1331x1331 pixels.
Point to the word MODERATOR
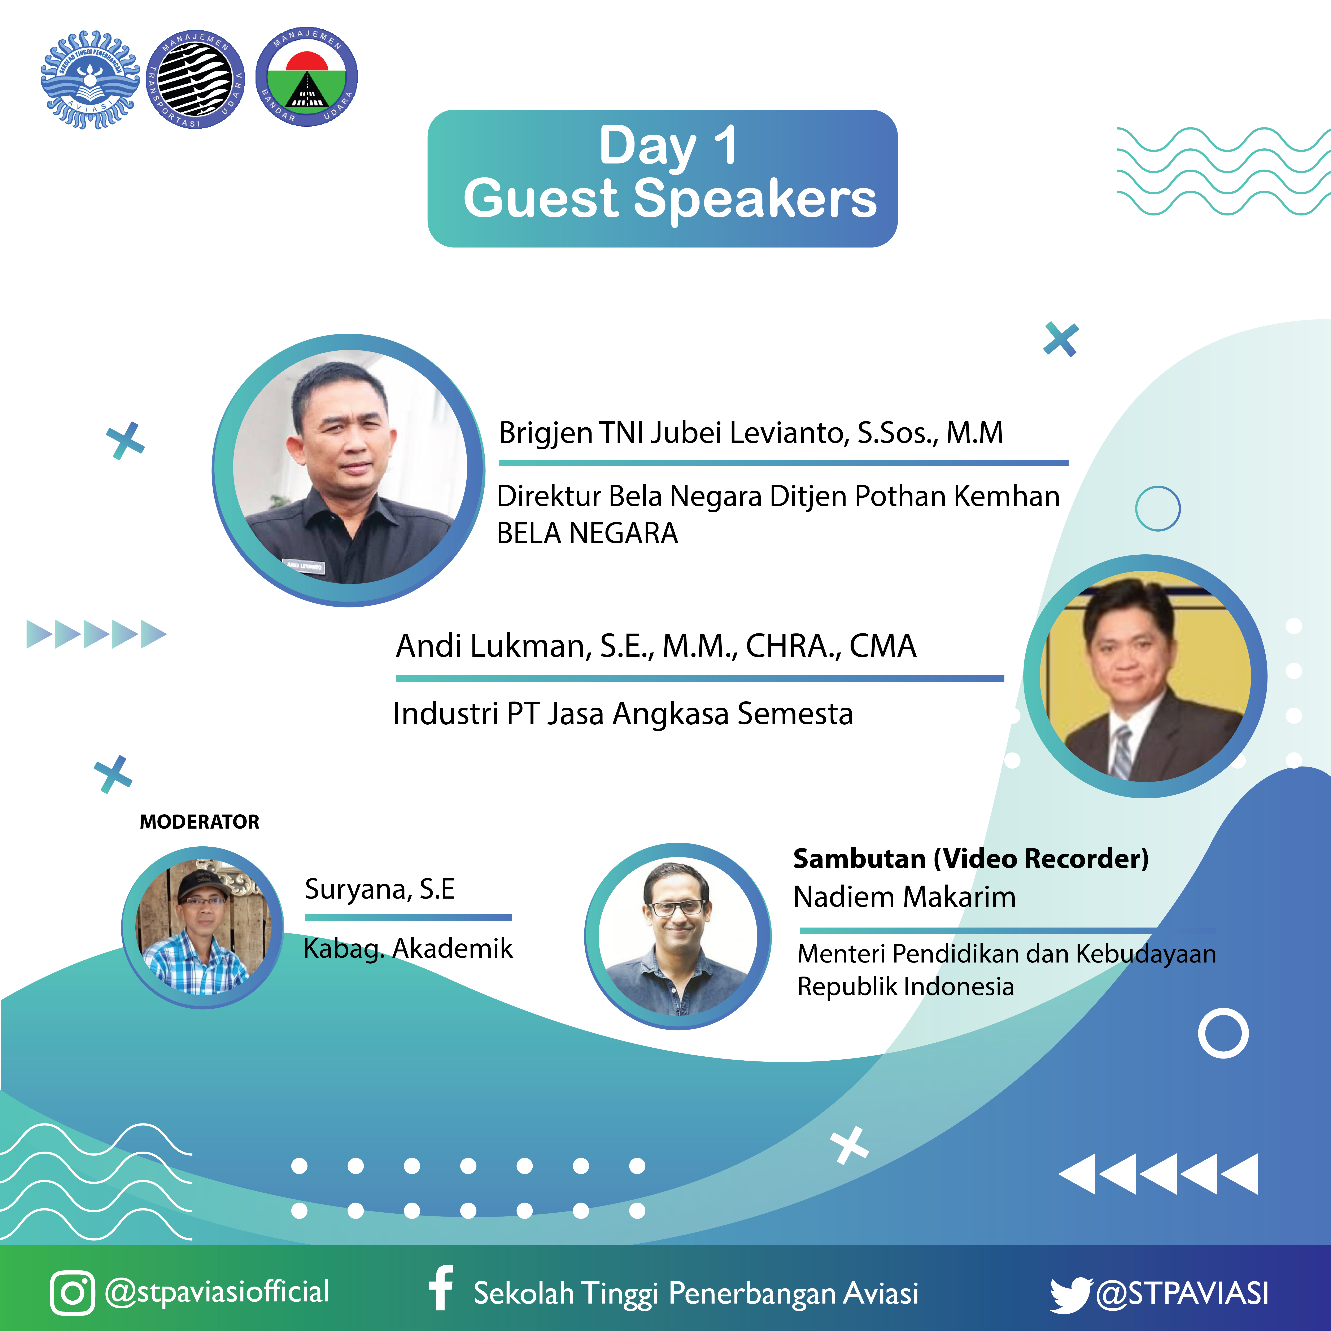pyautogui.click(x=200, y=822)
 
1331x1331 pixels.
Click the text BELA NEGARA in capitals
pyautogui.click(x=587, y=533)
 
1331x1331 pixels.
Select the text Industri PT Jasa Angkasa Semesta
pyautogui.click(x=623, y=714)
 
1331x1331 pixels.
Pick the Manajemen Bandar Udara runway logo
pyautogui.click(x=307, y=77)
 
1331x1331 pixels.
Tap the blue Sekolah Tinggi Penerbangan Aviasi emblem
pyautogui.click(x=90, y=79)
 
